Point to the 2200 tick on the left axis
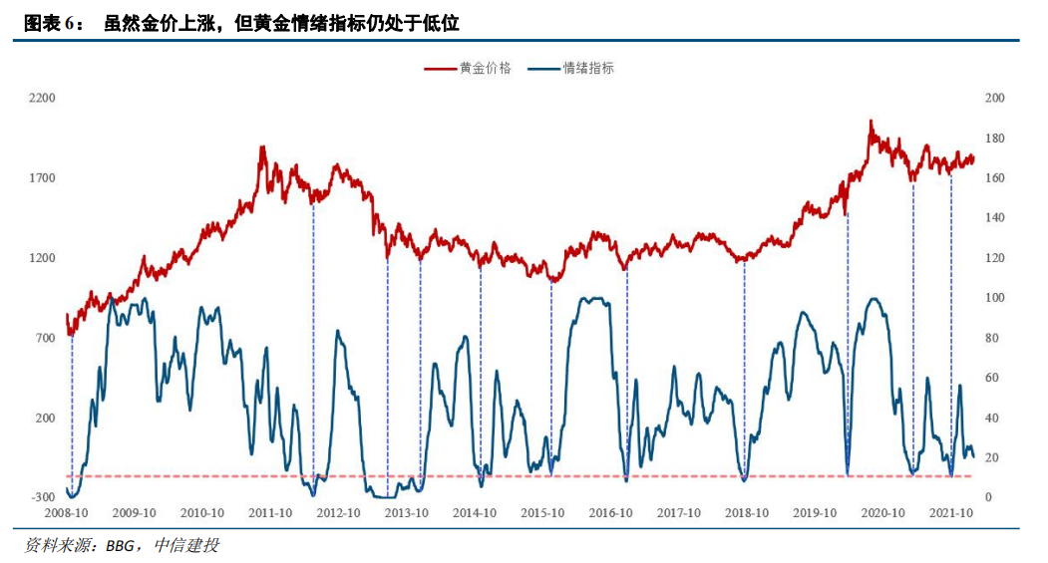42,98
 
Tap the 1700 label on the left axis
42,177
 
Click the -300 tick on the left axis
42,497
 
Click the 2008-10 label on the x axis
67,513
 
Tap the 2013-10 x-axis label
407,513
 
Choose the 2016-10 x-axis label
611,513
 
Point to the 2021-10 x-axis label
951,513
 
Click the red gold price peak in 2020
871,122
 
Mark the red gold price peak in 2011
262,147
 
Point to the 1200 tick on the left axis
42,257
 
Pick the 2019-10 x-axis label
816,513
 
